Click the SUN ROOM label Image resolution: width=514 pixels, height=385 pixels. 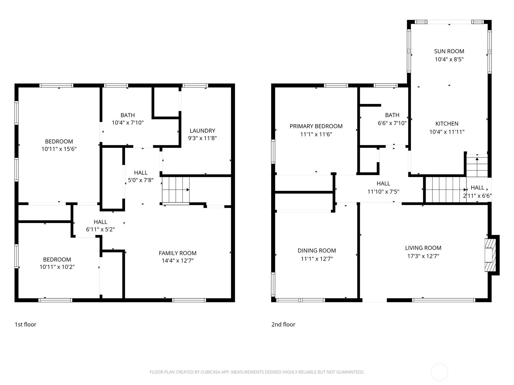pyautogui.click(x=449, y=51)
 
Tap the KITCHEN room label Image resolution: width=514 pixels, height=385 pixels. pyautogui.click(x=447, y=124)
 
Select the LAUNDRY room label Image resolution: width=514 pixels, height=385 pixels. pyautogui.click(x=202, y=131)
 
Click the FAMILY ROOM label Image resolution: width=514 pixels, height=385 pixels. pyautogui.click(x=178, y=253)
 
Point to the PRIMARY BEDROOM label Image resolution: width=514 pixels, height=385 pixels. pyautogui.click(x=316, y=126)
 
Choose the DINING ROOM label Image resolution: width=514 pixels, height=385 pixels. pyautogui.click(x=317, y=251)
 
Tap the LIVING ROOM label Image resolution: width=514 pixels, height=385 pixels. pyautogui.click(x=423, y=248)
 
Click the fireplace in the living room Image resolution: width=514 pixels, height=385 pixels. pyautogui.click(x=490, y=255)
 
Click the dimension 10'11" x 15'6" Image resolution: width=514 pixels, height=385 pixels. pyautogui.click(x=59, y=149)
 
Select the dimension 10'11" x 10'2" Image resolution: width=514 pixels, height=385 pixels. pyautogui.click(x=57, y=267)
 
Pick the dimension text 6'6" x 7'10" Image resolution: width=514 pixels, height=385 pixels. pyautogui.click(x=392, y=123)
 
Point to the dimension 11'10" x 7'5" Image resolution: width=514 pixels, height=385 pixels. pyautogui.click(x=383, y=192)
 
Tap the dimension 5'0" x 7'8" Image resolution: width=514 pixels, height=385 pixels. pyautogui.click(x=140, y=180)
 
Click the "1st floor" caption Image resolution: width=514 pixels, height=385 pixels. pyautogui.click(x=25, y=324)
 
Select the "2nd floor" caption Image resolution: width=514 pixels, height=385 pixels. pyautogui.click(x=283, y=324)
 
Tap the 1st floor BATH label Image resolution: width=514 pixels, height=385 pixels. pyautogui.click(x=128, y=115)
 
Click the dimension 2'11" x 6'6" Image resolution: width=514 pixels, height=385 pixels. pyautogui.click(x=477, y=196)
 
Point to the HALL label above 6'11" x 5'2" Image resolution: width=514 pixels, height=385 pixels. pyautogui.click(x=101, y=222)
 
